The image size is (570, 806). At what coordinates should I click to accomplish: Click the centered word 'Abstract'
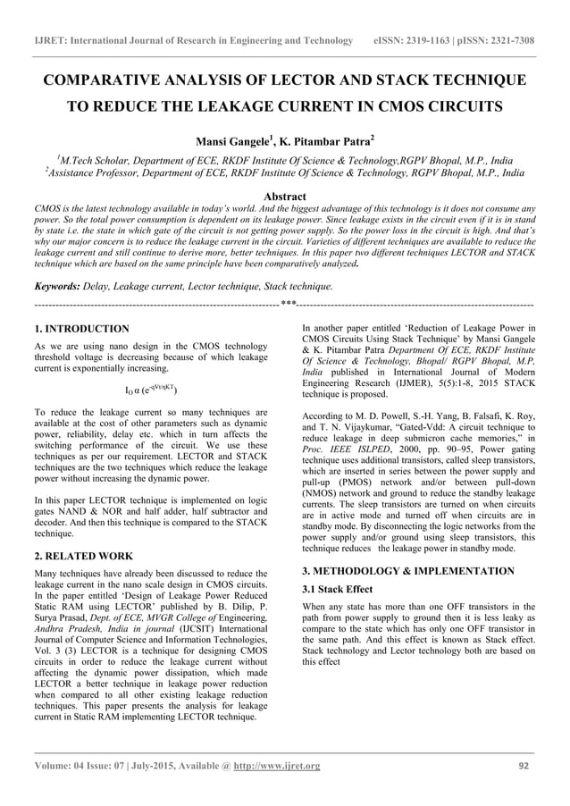pos(285,197)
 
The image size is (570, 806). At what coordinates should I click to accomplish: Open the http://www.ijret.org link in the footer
pos(276,766)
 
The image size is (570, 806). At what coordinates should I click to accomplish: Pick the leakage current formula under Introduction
pos(150,390)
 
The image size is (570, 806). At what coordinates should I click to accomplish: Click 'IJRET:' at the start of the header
pos(51,41)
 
